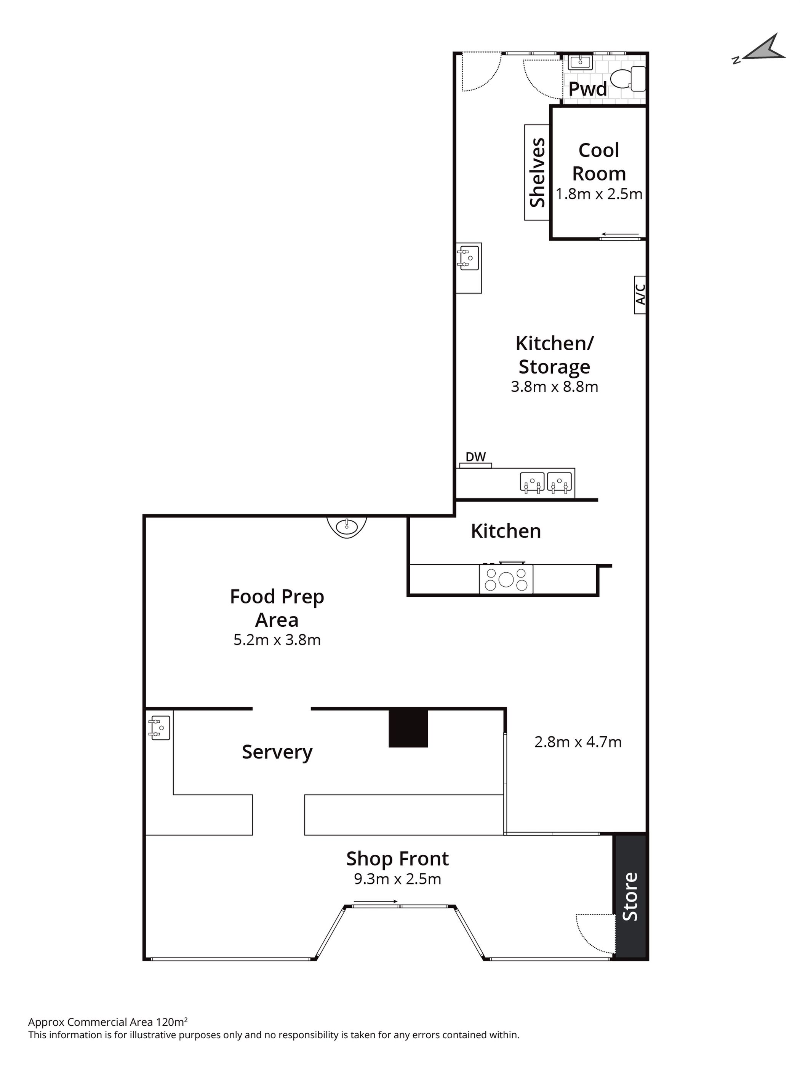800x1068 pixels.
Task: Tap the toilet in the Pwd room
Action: [628, 79]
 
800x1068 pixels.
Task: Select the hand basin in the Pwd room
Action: [580, 62]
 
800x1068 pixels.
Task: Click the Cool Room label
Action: [598, 162]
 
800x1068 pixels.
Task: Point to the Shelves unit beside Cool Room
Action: [537, 172]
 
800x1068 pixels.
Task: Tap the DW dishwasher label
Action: [475, 457]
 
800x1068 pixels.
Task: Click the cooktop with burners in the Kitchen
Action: [506, 579]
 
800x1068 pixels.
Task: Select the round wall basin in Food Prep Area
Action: [347, 527]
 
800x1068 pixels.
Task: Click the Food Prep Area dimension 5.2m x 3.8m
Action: [277, 640]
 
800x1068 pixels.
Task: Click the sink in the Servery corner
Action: [159, 728]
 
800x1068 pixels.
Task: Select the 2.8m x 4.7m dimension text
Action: [578, 742]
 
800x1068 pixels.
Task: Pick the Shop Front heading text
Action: [398, 859]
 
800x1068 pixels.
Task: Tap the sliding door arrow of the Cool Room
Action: [620, 235]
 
